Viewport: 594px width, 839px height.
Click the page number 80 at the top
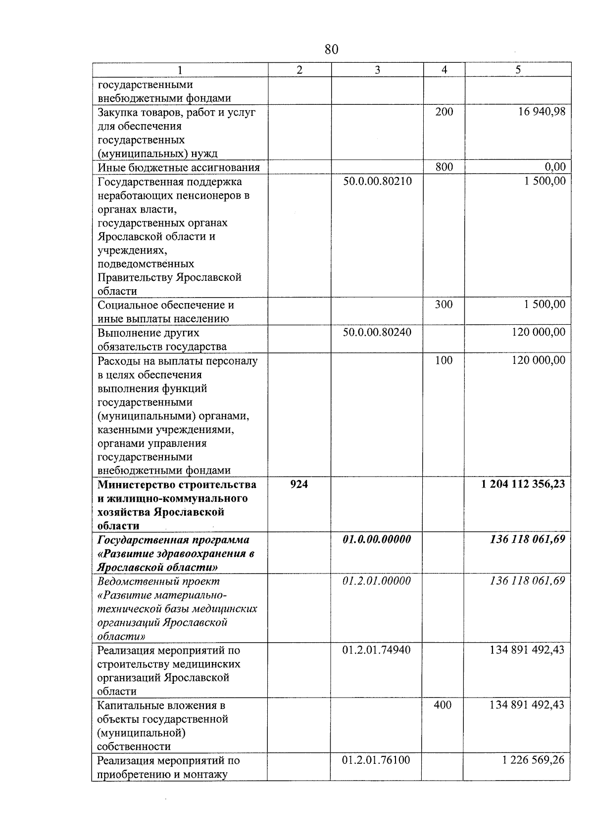tap(332, 49)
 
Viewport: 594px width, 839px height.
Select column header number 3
tap(377, 70)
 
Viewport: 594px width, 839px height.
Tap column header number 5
tap(518, 70)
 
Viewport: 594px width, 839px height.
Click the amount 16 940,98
tap(542, 112)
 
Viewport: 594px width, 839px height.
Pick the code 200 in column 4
tap(444, 112)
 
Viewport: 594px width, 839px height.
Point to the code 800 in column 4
tap(444, 167)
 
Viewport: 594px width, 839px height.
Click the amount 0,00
tap(555, 168)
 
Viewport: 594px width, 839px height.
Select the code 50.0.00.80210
tap(377, 181)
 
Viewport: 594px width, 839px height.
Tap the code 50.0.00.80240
tap(377, 332)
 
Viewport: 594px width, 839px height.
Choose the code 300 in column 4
tap(444, 305)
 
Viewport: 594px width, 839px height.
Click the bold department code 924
tap(299, 485)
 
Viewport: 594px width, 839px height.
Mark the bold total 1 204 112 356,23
tap(523, 485)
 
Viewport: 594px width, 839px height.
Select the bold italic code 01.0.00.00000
tap(377, 539)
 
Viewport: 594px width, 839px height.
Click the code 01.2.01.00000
tap(377, 581)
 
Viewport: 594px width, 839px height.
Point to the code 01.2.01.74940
tap(376, 650)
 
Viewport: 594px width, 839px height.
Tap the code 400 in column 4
tap(443, 705)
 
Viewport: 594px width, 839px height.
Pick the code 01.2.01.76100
tap(376, 760)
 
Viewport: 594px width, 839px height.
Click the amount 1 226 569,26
tap(533, 760)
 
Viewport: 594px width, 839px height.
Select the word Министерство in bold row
tap(135, 485)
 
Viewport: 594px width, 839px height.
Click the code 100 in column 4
tap(444, 360)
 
